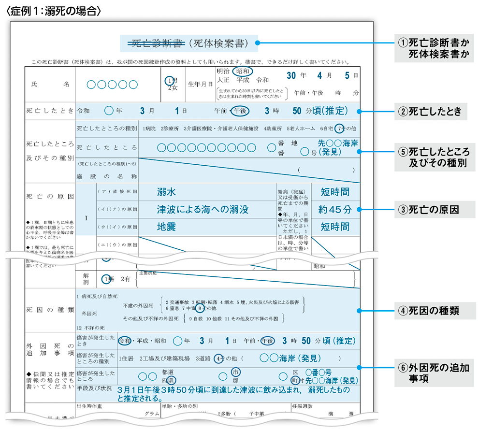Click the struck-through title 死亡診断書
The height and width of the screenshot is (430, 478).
pyautogui.click(x=152, y=44)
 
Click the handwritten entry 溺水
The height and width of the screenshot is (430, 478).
pyautogui.click(x=166, y=192)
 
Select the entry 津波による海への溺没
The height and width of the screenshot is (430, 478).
pyautogui.click(x=203, y=210)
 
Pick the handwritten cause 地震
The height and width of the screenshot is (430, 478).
pyautogui.click(x=166, y=227)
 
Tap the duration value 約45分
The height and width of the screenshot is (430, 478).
pyautogui.click(x=334, y=210)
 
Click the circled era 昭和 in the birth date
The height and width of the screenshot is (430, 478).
pyautogui.click(x=243, y=71)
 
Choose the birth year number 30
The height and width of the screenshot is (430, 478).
pyautogui.click(x=291, y=76)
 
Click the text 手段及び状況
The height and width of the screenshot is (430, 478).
pyautogui.click(x=95, y=387)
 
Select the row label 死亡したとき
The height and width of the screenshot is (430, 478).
pyautogui.click(x=50, y=111)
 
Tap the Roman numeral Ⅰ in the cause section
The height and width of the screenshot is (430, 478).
pyautogui.click(x=86, y=218)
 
